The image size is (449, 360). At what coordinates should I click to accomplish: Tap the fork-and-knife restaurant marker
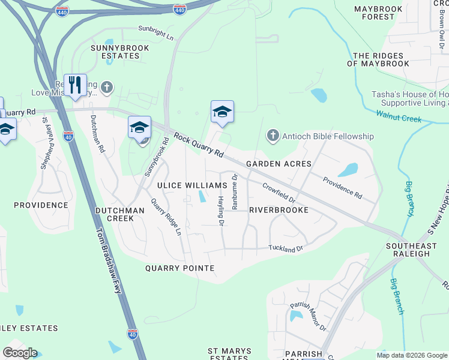click(75, 85)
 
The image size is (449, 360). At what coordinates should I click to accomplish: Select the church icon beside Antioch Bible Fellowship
click(273, 136)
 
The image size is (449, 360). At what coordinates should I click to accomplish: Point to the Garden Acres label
click(279, 164)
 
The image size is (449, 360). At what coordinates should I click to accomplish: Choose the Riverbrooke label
click(279, 211)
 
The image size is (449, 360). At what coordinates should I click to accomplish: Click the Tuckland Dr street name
click(286, 247)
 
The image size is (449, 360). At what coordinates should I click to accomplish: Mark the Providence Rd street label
click(342, 188)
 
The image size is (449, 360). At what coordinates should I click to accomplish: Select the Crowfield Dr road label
click(279, 192)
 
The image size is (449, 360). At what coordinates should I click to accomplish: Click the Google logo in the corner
click(20, 353)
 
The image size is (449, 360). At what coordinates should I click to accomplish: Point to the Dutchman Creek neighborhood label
click(119, 214)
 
